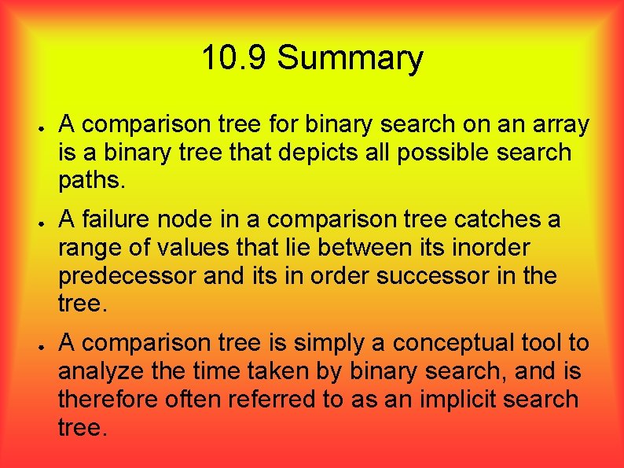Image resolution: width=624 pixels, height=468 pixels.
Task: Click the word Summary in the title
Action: [350, 59]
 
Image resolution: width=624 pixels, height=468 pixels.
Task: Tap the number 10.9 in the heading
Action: [235, 59]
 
